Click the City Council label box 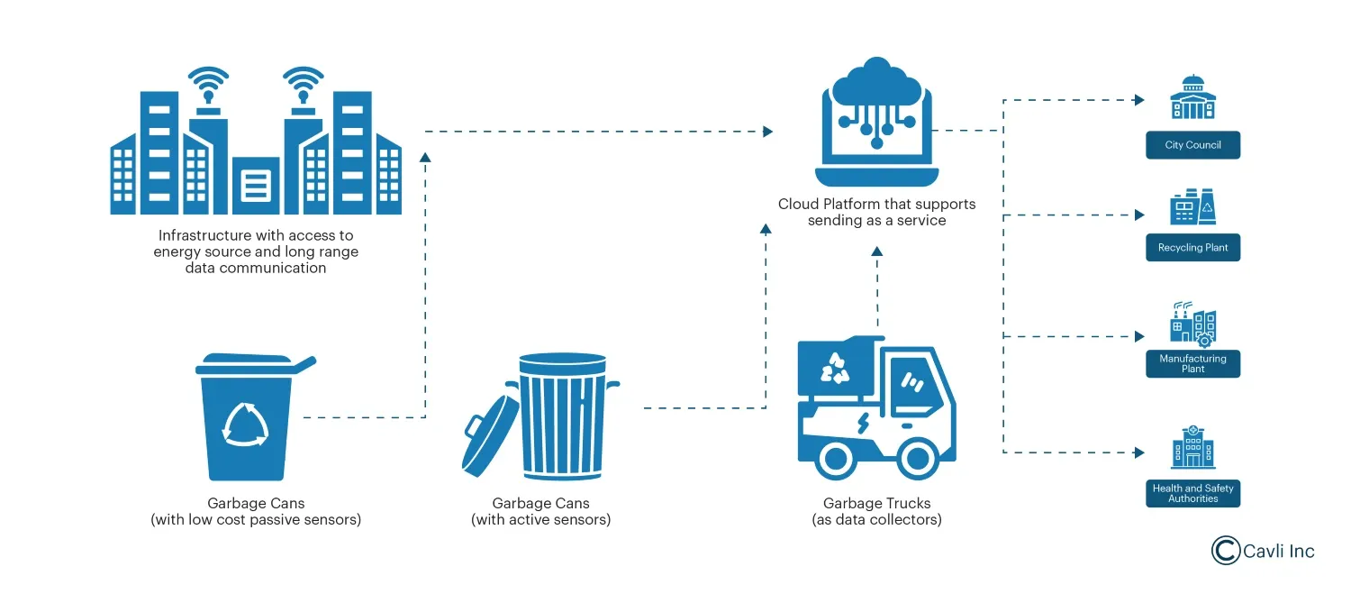[1192, 145]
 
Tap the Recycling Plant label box [1192, 248]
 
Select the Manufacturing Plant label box [1192, 364]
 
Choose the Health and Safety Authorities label [1192, 493]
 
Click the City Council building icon [1192, 97]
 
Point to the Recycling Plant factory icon [1192, 208]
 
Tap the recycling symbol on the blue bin [246, 424]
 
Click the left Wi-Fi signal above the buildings [208, 83]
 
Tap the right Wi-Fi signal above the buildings [303, 83]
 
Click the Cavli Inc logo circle [1226, 550]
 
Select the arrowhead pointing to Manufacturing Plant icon [1139, 336]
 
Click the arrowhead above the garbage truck [876, 251]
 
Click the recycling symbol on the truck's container [834, 367]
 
